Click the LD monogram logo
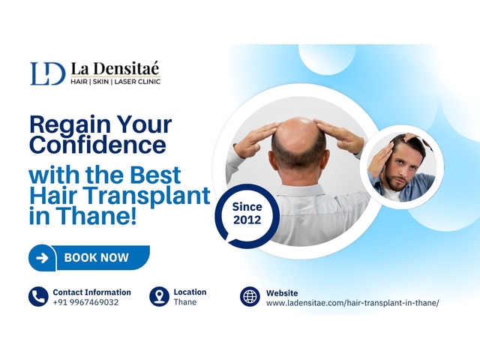point(48,73)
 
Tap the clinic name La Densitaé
point(115,68)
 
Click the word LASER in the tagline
point(126,82)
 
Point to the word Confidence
point(98,145)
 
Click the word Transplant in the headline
point(148,196)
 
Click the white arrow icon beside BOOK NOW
point(42,258)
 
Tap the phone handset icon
point(38,296)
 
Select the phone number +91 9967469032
point(85,302)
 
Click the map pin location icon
point(159,296)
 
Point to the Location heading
point(190,292)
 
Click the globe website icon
point(250,296)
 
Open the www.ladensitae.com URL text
point(352,303)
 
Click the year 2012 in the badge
point(247,220)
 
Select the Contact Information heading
point(91,292)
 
